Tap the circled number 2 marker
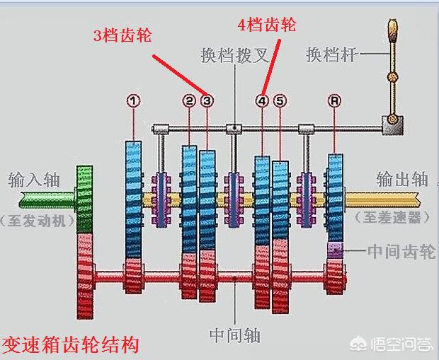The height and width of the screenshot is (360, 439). click(x=189, y=100)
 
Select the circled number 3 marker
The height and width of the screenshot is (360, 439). click(x=207, y=100)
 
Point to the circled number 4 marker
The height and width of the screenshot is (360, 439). click(x=263, y=100)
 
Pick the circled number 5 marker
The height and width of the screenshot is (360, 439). click(x=280, y=100)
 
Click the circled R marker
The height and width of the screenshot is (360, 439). click(x=335, y=100)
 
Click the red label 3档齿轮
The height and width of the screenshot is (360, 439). click(x=122, y=33)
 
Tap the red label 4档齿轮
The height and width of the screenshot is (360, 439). click(x=266, y=25)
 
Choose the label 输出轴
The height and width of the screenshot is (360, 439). click(x=402, y=178)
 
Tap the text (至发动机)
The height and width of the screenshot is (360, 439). click(x=37, y=220)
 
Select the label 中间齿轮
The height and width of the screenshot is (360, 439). click(x=401, y=251)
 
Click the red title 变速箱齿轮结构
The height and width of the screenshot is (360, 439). click(x=70, y=346)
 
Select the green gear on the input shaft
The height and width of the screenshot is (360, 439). click(x=84, y=198)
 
